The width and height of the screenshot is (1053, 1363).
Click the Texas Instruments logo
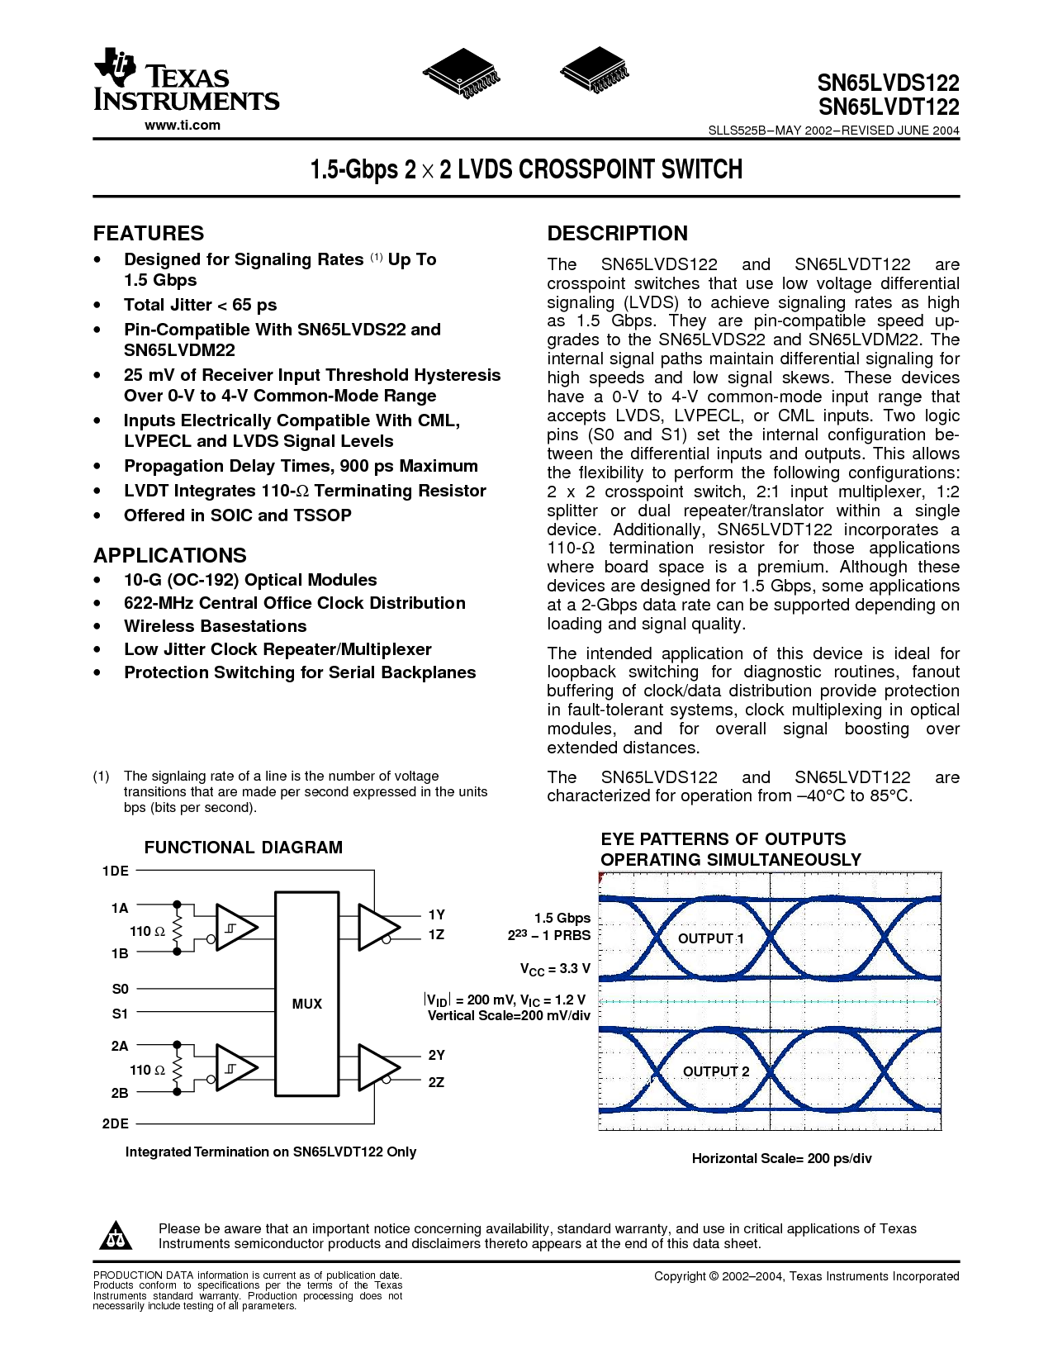tap(186, 80)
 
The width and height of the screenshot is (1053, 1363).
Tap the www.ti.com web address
tap(183, 126)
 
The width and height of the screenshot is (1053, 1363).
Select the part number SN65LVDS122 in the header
tap(888, 83)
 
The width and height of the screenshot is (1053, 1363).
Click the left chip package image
tap(461, 74)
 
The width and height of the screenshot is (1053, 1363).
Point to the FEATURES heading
tap(149, 233)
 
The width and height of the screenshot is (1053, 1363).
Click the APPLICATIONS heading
tap(170, 555)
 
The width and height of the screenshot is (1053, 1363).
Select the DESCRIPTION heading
tap(617, 233)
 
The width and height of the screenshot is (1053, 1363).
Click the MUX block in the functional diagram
tap(306, 1004)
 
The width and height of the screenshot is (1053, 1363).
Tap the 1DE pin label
tap(116, 871)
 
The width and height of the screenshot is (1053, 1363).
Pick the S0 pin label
tap(121, 989)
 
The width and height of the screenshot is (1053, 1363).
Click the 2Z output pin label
tap(436, 1082)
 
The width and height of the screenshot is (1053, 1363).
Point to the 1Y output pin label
tap(436, 914)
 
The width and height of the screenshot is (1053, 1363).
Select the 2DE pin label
tap(116, 1123)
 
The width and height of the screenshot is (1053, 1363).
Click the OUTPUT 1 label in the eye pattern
tap(710, 938)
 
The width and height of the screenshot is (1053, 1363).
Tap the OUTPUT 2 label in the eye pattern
tap(716, 1071)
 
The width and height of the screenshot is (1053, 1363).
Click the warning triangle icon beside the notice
tap(116, 1236)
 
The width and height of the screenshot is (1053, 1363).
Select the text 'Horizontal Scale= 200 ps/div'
tap(781, 1158)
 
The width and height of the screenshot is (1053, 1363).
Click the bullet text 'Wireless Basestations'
tap(215, 626)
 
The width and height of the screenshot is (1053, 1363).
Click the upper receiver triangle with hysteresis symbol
tap(235, 928)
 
